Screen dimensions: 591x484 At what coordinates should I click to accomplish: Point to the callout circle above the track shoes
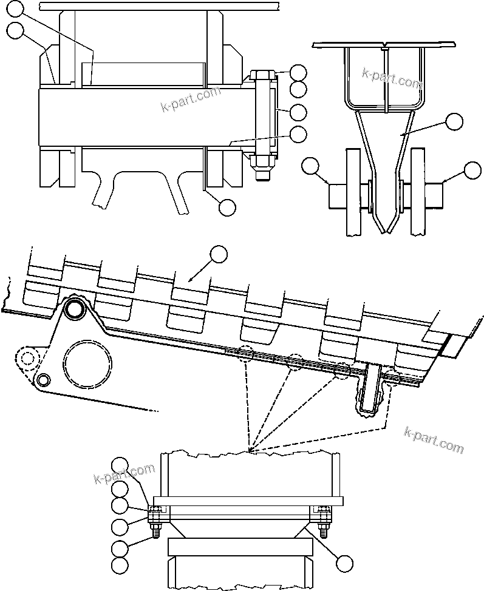pos(218,254)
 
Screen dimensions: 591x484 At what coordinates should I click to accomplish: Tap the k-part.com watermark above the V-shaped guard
pos(391,77)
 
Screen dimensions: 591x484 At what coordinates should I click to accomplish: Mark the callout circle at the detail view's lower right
pos(344,563)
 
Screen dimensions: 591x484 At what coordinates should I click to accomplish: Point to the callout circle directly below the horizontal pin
pos(227,207)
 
